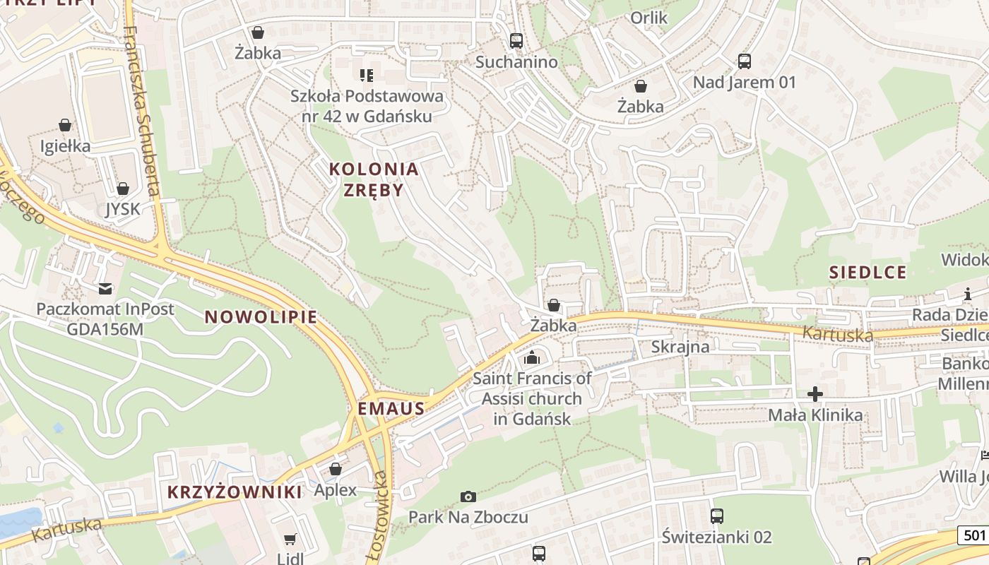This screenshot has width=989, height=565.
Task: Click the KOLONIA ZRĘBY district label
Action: [x=374, y=179]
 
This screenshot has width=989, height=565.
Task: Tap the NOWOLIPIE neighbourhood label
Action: [x=261, y=316]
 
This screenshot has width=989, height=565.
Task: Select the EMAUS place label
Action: [x=391, y=408]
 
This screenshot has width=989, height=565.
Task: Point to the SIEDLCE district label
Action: [x=867, y=273]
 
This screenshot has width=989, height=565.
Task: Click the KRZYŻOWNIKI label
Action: [x=235, y=492]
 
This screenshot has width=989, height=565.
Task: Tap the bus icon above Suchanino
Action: [x=516, y=41]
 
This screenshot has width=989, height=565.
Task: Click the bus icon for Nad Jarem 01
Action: [x=745, y=61]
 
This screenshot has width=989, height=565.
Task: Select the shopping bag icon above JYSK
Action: [x=123, y=189]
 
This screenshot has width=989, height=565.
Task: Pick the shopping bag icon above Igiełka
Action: [x=65, y=125]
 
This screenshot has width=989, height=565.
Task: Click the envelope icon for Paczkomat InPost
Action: [x=105, y=288]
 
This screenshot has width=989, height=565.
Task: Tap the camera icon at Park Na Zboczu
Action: [x=468, y=497]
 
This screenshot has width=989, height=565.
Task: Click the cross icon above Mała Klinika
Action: [x=816, y=393]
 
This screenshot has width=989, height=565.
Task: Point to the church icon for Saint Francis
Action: [x=532, y=358]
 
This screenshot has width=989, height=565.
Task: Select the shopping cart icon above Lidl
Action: [x=290, y=540]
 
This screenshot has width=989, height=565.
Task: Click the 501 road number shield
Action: [x=973, y=535]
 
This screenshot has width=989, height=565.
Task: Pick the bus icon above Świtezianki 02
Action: [x=717, y=516]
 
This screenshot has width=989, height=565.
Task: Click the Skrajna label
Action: [x=680, y=347]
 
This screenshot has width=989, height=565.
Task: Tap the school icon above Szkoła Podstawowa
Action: [x=366, y=75]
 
